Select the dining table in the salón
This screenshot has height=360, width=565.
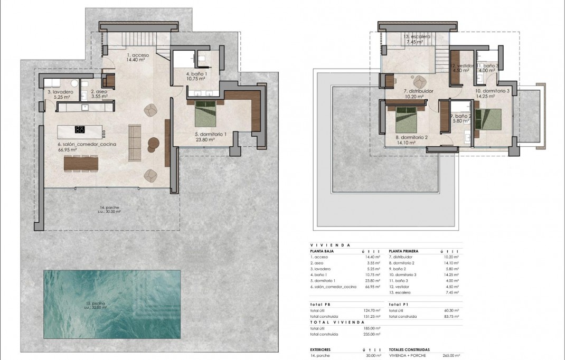click(81, 165)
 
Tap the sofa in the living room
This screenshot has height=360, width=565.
click(135, 143)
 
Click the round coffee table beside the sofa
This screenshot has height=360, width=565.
click(153, 143)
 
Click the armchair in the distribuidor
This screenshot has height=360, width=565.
click(420, 81)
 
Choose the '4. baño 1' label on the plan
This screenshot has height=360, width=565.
click(196, 74)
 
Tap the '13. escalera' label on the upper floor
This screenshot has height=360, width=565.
click(417, 37)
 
